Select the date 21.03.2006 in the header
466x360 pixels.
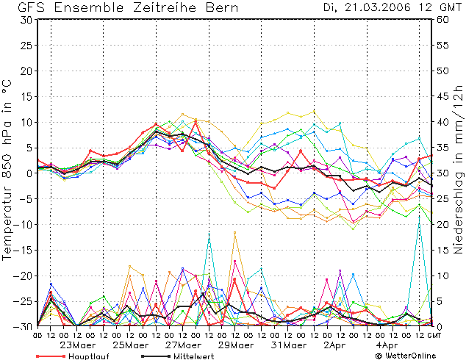381,7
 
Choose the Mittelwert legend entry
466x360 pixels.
195,356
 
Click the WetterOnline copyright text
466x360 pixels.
407,356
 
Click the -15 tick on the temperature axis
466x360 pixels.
24,250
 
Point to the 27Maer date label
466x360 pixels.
182,345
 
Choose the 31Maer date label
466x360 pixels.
288,345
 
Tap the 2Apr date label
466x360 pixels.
338,345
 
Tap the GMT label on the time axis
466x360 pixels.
435,336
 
